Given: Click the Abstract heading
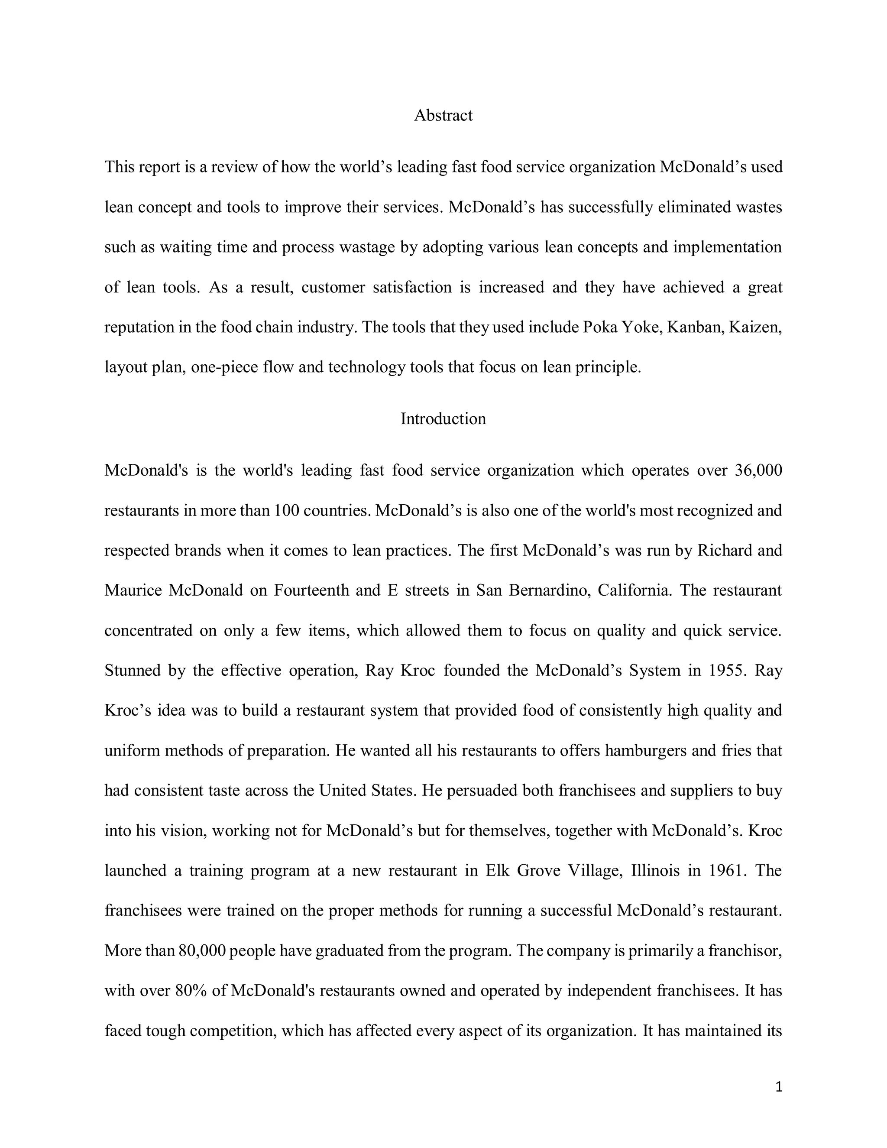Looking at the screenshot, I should click(443, 116).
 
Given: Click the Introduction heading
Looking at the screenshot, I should click(443, 419).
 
